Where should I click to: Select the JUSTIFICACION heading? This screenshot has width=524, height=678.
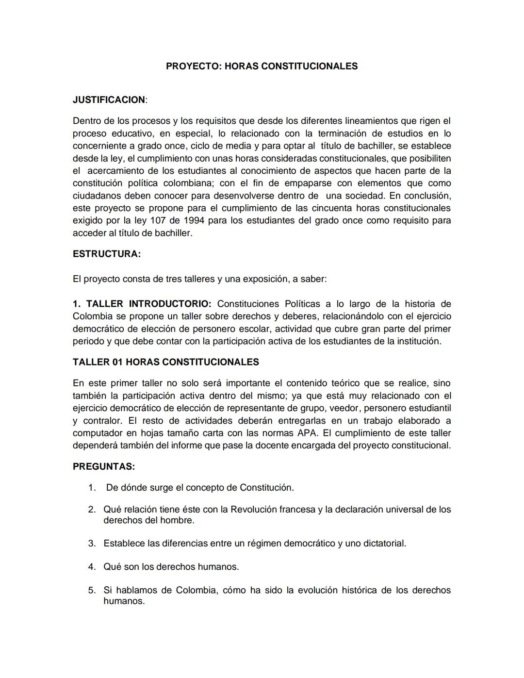(x=109, y=99)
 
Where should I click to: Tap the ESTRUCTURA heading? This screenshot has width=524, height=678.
(x=106, y=254)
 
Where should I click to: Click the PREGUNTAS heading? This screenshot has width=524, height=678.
(x=103, y=466)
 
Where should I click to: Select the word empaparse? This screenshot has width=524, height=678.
(x=308, y=183)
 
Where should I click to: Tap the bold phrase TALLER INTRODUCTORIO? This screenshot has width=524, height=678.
(x=148, y=304)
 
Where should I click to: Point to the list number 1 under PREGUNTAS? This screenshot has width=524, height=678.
(x=92, y=487)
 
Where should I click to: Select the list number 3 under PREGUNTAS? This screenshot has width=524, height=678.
(x=92, y=543)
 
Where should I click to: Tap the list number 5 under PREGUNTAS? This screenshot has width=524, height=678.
(x=92, y=590)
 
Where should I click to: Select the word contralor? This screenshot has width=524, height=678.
(x=101, y=420)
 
